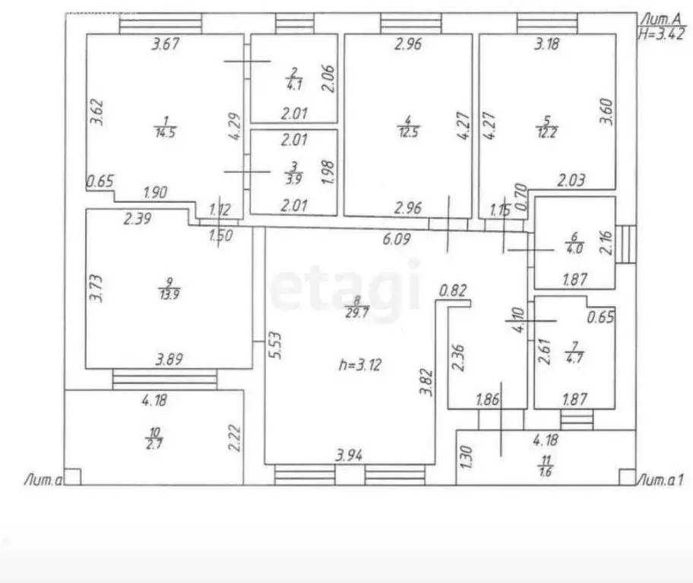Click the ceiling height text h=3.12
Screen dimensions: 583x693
359,364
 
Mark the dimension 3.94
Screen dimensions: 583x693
350,455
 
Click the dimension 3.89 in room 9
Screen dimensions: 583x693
169,360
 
